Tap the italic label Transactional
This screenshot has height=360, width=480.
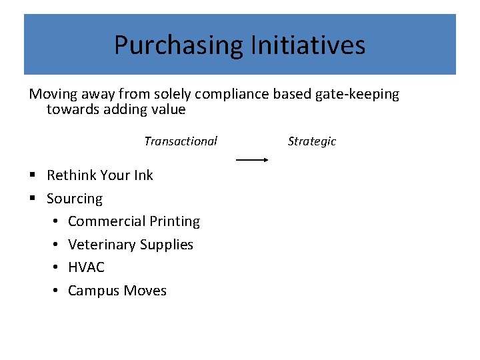coord(181,141)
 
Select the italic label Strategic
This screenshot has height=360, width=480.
coord(312,141)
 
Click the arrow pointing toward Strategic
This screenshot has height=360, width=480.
coord(252,160)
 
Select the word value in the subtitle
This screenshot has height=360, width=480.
coord(168,109)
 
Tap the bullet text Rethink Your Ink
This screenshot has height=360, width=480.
coord(100,175)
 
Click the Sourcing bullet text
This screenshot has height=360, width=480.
coord(75,199)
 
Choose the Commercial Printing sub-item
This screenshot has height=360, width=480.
coord(134,221)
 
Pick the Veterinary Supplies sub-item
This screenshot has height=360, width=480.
coord(131,245)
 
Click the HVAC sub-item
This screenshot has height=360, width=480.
coord(86,267)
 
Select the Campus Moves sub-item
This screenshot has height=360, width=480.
coord(117,291)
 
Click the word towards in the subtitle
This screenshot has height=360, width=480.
coord(73,109)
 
